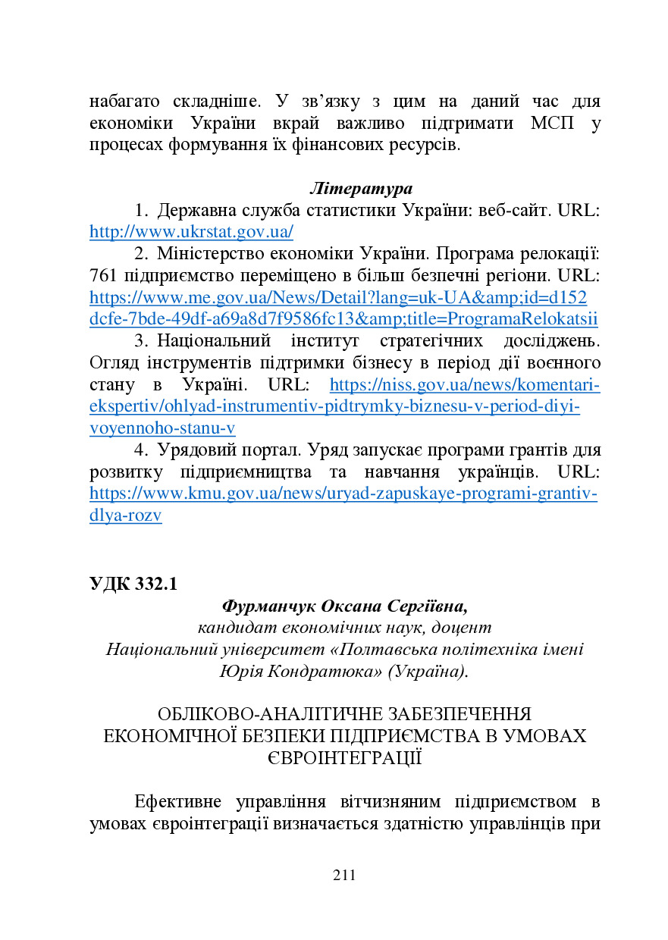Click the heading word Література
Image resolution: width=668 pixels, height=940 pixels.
pyautogui.click(x=361, y=188)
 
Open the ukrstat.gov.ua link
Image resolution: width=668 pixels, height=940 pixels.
pyautogui.click(x=191, y=232)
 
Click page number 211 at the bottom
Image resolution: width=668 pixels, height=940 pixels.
pyautogui.click(x=344, y=876)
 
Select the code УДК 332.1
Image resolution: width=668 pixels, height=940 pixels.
pyautogui.click(x=133, y=584)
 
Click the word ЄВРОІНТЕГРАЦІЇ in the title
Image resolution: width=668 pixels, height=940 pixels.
pyautogui.click(x=345, y=758)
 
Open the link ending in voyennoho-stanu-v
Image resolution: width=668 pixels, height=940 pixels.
pyautogui.click(x=162, y=429)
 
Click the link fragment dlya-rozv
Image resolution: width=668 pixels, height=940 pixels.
pyautogui.click(x=126, y=516)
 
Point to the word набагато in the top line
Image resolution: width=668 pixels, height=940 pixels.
pyautogui.click(x=124, y=101)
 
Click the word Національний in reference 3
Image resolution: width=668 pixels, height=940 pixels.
pyautogui.click(x=212, y=340)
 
